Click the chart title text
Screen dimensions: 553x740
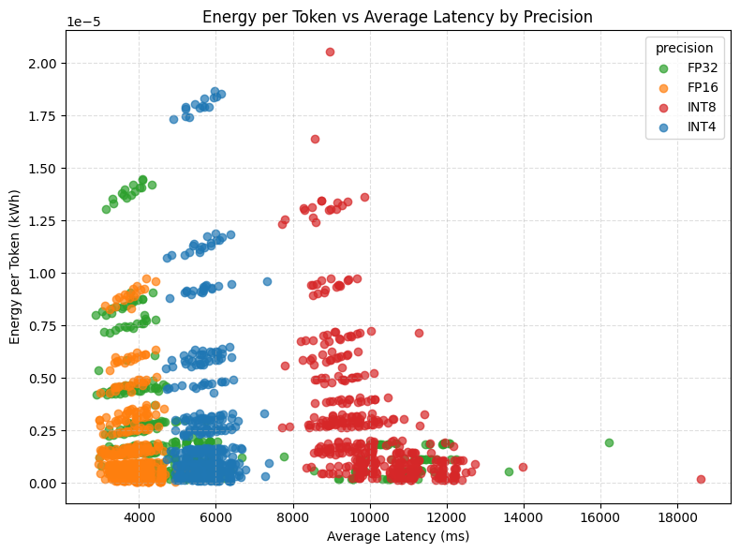(x=397, y=17)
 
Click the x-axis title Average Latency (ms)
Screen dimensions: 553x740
(x=397, y=536)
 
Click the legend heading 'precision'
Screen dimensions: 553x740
(x=684, y=49)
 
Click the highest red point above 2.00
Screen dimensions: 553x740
(x=330, y=52)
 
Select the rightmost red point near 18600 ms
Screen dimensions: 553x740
(x=701, y=479)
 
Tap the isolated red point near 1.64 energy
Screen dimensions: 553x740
(x=315, y=139)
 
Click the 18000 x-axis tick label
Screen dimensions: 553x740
(x=676, y=516)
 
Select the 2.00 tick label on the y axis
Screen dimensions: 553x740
(x=43, y=63)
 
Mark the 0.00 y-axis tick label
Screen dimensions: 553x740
(x=43, y=483)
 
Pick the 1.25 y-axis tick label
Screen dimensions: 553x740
(x=43, y=220)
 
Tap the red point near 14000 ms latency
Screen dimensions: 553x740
(x=523, y=467)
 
